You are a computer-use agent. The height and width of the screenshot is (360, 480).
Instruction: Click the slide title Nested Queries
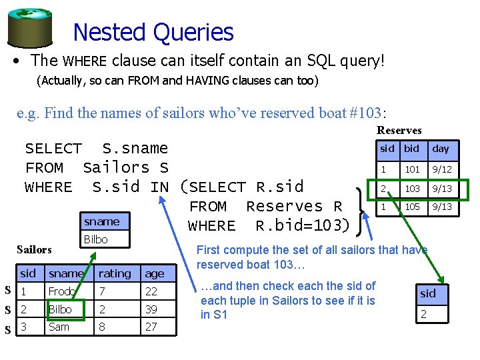pyautogui.click(x=153, y=32)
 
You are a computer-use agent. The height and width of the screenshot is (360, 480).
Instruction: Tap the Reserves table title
pyautogui.click(x=399, y=130)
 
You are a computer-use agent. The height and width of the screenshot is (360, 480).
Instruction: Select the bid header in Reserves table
pyautogui.click(x=412, y=149)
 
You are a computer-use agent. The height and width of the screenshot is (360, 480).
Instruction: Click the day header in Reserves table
pyautogui.click(x=441, y=149)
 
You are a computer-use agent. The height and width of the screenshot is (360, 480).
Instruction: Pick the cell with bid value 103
pyautogui.click(x=412, y=189)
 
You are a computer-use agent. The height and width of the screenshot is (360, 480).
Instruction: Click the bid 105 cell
pyautogui.click(x=412, y=207)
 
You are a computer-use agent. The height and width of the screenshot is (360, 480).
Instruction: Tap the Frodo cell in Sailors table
pyautogui.click(x=61, y=291)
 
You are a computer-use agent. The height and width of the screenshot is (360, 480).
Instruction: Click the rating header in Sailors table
pyautogui.click(x=115, y=273)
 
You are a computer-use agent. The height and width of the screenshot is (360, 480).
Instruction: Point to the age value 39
pyautogui.click(x=151, y=309)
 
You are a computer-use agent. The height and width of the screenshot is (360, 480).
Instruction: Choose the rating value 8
pyautogui.click(x=102, y=326)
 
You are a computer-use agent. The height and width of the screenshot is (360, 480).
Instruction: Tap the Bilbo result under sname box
pyautogui.click(x=96, y=239)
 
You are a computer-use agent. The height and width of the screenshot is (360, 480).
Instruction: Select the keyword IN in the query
pyautogui.click(x=159, y=187)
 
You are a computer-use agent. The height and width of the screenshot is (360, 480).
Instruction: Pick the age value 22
pyautogui.click(x=151, y=291)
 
